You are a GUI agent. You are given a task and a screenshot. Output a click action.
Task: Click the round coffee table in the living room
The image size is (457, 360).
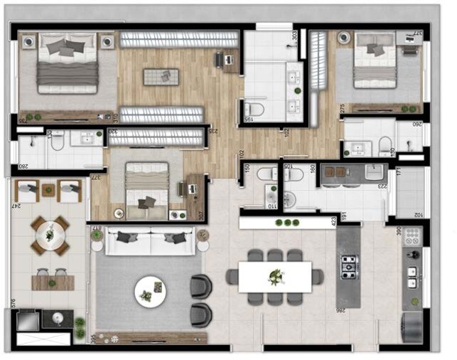click(x=150, y=290)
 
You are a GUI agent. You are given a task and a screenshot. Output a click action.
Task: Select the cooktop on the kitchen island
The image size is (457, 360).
click(x=348, y=266)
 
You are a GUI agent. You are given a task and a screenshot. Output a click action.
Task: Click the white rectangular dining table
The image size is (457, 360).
click(x=274, y=277)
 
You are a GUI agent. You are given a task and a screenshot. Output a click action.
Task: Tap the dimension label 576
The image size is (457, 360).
click(x=13, y=304)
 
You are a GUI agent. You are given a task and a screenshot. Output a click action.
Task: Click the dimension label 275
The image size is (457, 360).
click(x=342, y=108)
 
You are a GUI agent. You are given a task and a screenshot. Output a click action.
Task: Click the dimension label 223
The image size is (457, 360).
click(x=384, y=186)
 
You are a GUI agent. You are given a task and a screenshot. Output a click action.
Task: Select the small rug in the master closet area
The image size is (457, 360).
click(x=161, y=76)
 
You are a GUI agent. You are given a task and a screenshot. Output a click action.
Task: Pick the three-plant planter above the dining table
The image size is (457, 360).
click(x=288, y=223)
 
